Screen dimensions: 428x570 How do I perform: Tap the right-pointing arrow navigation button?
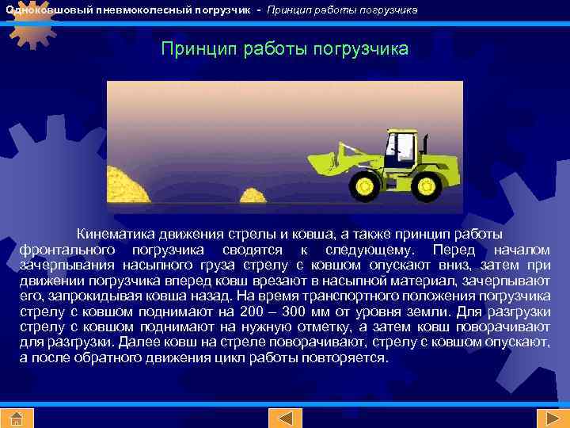click(549, 418)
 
